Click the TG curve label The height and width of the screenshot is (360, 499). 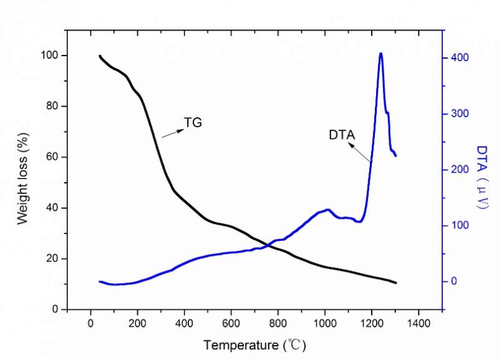(193, 123)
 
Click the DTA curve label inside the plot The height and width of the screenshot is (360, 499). (342, 134)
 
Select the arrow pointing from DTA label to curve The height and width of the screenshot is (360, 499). (360, 152)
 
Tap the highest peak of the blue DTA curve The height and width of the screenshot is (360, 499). (380, 54)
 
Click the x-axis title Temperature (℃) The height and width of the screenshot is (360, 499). (254, 344)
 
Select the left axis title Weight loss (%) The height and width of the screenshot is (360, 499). (23, 182)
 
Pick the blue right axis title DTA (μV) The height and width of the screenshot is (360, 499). (482, 182)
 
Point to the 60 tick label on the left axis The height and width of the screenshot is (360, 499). (55, 157)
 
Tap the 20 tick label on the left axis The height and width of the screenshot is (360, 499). (55, 259)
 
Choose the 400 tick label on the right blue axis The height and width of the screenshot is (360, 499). (460, 58)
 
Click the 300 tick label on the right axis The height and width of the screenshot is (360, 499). (460, 114)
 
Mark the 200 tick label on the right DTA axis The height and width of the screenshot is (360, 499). (460, 170)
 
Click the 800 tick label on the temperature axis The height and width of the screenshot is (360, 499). (278, 323)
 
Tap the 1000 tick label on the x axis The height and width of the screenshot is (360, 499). (324, 323)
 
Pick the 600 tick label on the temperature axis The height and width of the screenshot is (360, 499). (231, 323)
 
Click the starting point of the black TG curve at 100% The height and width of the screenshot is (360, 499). (99, 56)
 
